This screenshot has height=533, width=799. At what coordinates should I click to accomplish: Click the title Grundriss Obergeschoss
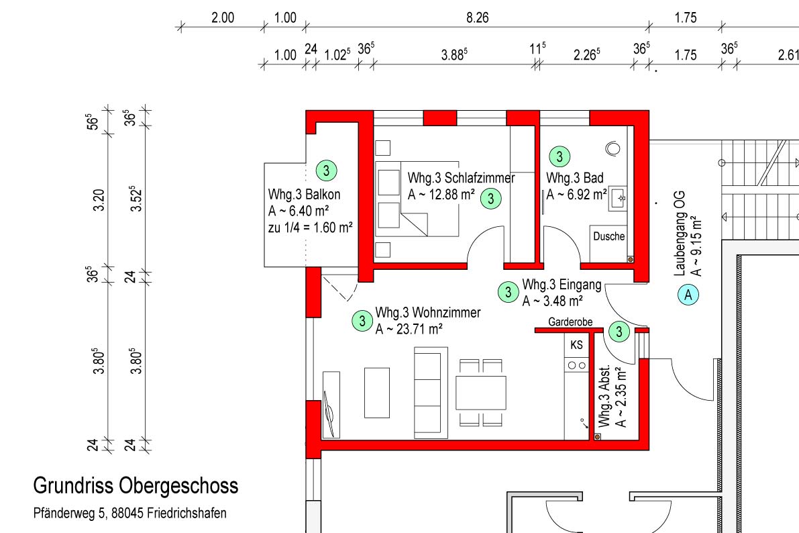(136, 486)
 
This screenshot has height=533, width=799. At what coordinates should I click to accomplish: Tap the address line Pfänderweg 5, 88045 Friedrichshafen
(130, 513)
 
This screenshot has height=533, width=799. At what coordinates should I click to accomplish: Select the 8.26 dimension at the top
(478, 18)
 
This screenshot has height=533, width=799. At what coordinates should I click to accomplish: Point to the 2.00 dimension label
(223, 18)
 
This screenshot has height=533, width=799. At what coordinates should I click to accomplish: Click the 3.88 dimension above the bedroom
(454, 54)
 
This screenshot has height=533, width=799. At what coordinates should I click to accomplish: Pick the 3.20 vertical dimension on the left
(99, 200)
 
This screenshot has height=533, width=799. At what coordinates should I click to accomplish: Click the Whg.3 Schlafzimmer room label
(461, 178)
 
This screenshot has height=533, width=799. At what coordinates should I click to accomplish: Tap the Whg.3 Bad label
(575, 178)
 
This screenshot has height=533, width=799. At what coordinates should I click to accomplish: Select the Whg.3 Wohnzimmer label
(428, 312)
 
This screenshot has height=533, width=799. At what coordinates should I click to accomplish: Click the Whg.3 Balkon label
(304, 194)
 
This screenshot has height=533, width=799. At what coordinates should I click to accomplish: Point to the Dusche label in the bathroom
(609, 236)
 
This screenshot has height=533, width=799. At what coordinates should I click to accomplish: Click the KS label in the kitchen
(576, 345)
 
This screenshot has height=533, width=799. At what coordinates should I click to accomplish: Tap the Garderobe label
(570, 322)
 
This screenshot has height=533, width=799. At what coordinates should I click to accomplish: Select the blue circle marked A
(688, 295)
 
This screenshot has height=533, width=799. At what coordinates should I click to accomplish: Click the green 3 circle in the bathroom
(560, 156)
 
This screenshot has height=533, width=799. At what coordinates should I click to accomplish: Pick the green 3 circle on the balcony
(326, 171)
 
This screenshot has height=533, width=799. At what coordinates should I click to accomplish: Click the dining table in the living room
(480, 393)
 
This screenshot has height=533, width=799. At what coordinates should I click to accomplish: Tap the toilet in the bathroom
(613, 148)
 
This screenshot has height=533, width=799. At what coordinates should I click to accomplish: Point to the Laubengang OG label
(680, 234)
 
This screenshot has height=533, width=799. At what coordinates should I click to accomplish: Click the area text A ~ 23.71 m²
(409, 330)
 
